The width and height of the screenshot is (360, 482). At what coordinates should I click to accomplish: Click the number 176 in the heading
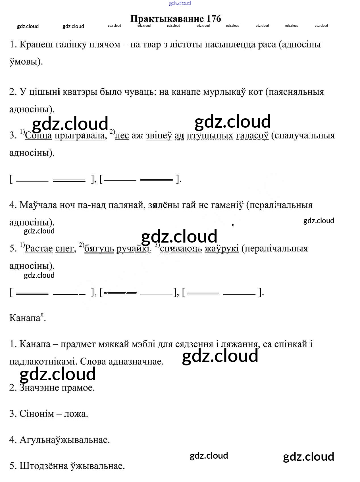[214, 18]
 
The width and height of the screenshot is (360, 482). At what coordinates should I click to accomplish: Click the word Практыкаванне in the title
[167, 18]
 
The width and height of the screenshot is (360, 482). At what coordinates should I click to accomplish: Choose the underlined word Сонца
[38, 136]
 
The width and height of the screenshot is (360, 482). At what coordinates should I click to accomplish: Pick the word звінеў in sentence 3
[159, 136]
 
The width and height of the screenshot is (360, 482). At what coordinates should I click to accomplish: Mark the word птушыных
[210, 136]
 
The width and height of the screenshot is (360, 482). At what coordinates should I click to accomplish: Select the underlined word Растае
[39, 249]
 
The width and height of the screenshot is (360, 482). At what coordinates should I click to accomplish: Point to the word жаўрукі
[222, 249]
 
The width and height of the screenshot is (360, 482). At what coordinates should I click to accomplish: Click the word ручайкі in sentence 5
[133, 249]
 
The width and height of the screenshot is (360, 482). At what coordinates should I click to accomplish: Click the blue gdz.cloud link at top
[180, 3]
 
